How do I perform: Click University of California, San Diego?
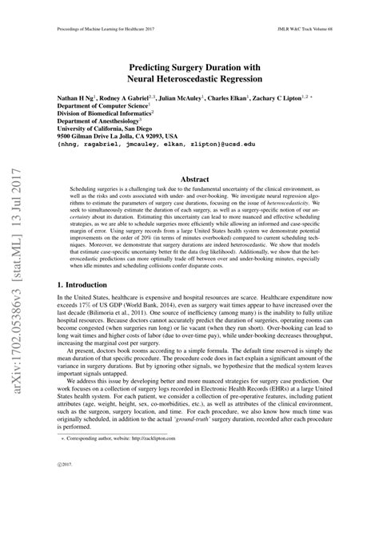(x=108, y=132)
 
